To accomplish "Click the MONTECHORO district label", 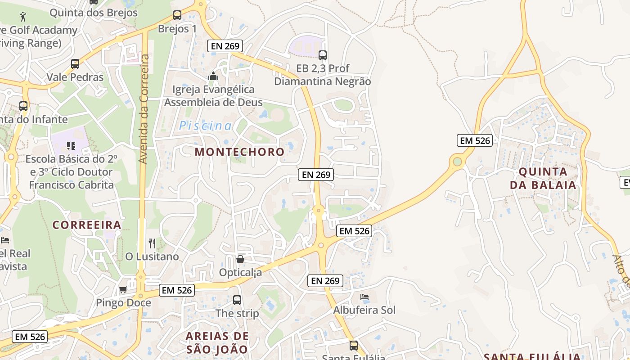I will (239, 152).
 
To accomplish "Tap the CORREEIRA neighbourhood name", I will (87, 225).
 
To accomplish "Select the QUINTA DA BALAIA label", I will (543, 178).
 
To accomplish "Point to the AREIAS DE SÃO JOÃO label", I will (217, 342).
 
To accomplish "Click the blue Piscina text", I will (206, 126).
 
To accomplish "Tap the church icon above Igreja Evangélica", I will (213, 76).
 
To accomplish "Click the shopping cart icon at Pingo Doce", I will (123, 289).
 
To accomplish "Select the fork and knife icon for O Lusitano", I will (152, 243).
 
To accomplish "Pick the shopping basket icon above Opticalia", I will (240, 259).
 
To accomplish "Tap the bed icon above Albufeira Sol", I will (364, 297).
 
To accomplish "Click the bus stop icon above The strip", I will (237, 300).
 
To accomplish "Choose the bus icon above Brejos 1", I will (177, 15).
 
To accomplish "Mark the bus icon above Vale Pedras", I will (75, 64).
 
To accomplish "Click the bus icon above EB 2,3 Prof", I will (323, 55).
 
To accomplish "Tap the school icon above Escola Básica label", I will (71, 145).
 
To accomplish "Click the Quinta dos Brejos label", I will (94, 13).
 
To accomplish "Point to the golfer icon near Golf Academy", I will (23, 17).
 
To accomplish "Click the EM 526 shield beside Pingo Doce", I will (177, 290).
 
